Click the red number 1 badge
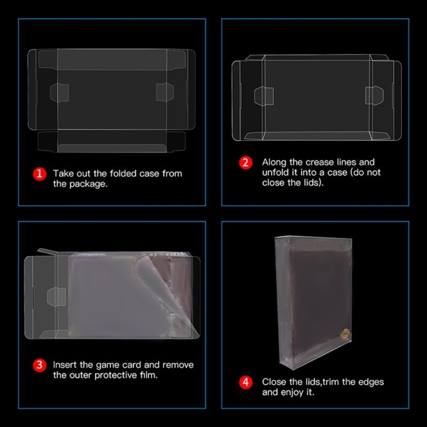pos(38,174)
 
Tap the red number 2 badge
pos(245,163)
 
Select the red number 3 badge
pos(38,366)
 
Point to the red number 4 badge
pos(245,383)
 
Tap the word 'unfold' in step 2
pos(275,172)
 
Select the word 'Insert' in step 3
pos(65,365)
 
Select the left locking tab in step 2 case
pos(266,96)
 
